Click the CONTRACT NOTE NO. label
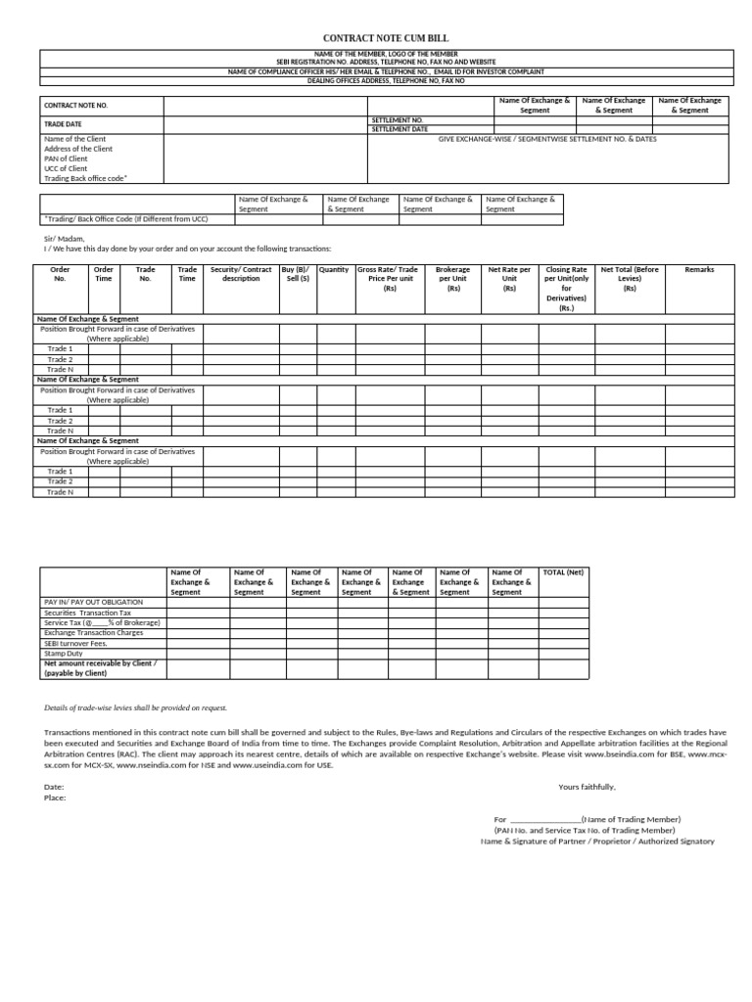point(75,105)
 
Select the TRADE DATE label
point(64,124)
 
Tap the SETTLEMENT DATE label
point(399,129)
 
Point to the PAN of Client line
point(67,159)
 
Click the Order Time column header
point(103,274)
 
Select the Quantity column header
point(334,269)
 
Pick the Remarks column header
point(699,269)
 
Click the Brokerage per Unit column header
point(453,279)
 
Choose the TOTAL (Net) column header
point(563,571)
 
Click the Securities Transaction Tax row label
point(87,612)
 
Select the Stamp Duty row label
point(64,653)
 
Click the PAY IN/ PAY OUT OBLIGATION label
point(93,602)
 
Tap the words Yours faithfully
point(587,787)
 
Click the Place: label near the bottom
point(55,797)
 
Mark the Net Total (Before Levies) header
point(630,279)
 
